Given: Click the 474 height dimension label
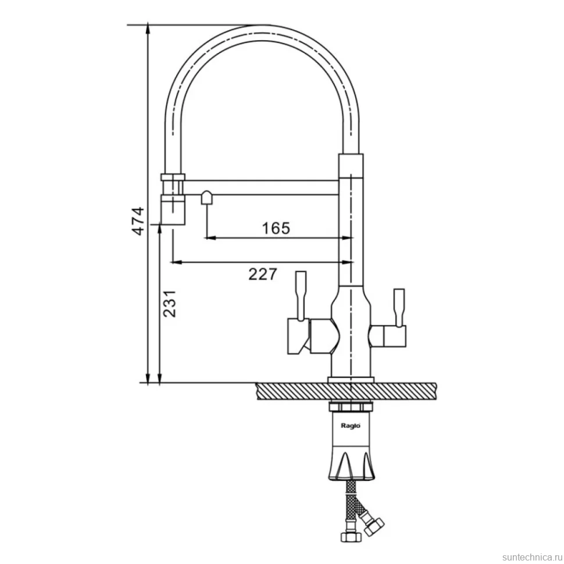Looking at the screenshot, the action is click(x=138, y=221).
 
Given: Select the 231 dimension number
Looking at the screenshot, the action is click(x=169, y=304).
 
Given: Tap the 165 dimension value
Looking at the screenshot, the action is click(x=276, y=228).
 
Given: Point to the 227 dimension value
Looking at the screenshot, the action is click(x=263, y=274).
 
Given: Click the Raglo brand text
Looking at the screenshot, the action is click(x=351, y=426).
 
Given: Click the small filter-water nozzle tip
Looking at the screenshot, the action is click(x=206, y=198).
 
